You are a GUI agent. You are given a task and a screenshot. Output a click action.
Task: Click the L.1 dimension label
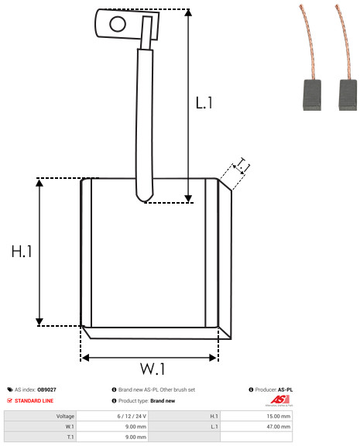(x=204, y=102)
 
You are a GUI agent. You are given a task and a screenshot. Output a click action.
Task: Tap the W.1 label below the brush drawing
(x=153, y=369)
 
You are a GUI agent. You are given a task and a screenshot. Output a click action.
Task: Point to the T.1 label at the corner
(x=242, y=165)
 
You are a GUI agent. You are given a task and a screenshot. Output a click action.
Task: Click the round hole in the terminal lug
(x=118, y=23)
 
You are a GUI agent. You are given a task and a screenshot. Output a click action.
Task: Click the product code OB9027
(x=47, y=389)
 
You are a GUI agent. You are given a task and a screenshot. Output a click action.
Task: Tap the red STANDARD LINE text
(x=33, y=400)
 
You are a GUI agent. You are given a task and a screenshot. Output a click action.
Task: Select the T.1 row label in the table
(x=70, y=436)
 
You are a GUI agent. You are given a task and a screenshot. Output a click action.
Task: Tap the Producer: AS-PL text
(x=273, y=389)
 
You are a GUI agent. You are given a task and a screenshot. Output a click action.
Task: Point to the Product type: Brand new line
(x=146, y=400)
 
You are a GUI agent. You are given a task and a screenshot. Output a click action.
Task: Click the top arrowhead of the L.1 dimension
(x=188, y=14)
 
